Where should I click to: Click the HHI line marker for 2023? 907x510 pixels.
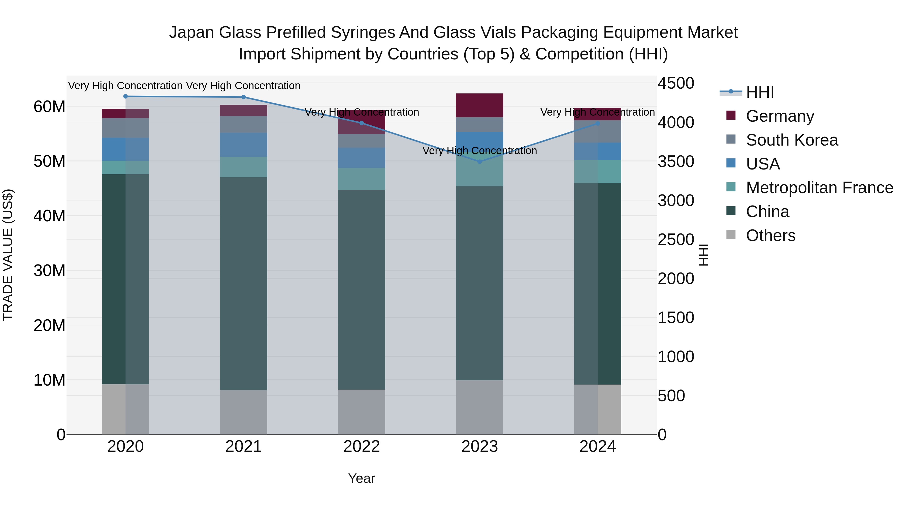[x=479, y=161]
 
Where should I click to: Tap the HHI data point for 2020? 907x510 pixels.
[x=125, y=96]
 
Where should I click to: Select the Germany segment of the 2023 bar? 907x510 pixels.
[x=479, y=105]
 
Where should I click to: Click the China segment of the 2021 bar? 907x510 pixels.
[x=243, y=283]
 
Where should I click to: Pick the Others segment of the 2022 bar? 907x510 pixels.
[x=361, y=412]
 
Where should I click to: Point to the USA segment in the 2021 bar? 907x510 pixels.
[x=243, y=145]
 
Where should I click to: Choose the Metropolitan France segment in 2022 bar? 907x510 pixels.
[x=361, y=179]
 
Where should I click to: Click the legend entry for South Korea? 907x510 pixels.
[x=792, y=140]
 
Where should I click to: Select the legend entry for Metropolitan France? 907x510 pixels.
[x=819, y=188]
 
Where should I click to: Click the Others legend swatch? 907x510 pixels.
[x=731, y=235]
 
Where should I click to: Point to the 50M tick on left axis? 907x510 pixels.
[x=49, y=161]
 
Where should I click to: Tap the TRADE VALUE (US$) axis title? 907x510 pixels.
[x=8, y=255]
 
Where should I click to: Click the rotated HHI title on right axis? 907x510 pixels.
[x=703, y=255]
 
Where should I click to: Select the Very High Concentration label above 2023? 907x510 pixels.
[x=479, y=151]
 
